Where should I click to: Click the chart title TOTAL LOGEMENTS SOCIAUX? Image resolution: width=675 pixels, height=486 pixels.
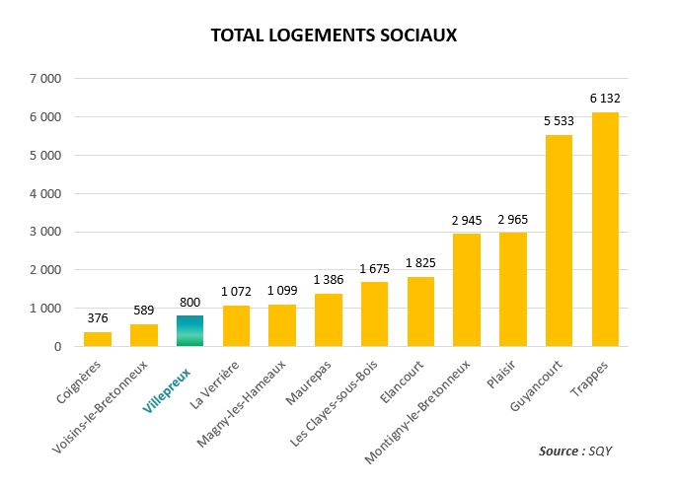[335, 35]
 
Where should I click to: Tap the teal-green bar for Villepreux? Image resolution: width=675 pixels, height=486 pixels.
[189, 331]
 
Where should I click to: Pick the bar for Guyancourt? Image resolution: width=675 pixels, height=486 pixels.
[559, 241]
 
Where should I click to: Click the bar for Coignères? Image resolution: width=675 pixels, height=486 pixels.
[97, 339]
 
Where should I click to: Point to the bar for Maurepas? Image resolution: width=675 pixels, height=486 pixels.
[328, 320]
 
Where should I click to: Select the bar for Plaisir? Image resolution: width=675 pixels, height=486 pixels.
[512, 290]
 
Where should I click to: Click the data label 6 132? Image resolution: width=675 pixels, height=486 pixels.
[605, 99]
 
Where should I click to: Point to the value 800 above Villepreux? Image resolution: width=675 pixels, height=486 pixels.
[189, 303]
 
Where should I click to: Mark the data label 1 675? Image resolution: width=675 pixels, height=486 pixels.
[374, 269]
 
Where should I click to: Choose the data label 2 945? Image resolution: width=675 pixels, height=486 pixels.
[466, 220]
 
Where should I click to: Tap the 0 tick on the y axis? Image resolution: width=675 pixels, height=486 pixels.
[58, 347]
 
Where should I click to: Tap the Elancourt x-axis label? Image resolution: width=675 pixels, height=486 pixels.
[397, 379]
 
